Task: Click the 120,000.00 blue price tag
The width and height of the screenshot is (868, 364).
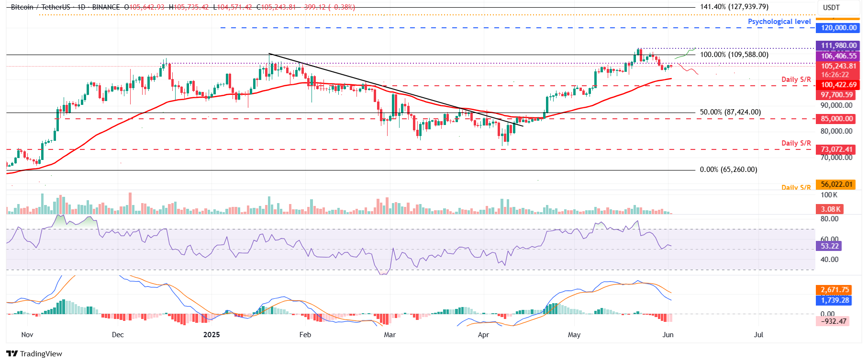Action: (838, 28)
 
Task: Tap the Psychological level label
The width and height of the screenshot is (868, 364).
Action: (779, 22)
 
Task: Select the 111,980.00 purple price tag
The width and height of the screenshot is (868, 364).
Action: (838, 45)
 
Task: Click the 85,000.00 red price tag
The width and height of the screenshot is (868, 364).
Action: (836, 119)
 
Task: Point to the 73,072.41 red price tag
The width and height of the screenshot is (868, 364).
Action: (836, 149)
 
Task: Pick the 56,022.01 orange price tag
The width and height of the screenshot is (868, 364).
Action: (836, 184)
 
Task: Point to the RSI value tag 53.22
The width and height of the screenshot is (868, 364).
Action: (830, 246)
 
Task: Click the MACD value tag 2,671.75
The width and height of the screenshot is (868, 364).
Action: (835, 290)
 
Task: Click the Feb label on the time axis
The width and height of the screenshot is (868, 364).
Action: (305, 335)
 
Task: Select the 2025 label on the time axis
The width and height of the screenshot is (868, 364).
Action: (211, 335)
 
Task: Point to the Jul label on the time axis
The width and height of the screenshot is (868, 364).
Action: (758, 335)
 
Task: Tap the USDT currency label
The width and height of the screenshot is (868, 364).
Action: (831, 8)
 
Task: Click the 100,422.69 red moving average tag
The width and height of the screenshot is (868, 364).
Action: (838, 85)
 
